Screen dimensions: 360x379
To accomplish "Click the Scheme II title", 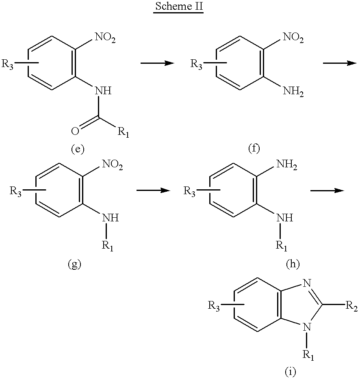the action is [179, 6].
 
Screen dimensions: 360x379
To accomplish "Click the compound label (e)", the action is [78, 149].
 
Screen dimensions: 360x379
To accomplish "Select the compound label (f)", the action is [254, 148].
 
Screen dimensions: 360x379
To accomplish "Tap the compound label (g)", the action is [74, 264].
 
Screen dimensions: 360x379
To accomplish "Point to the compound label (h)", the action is [293, 264].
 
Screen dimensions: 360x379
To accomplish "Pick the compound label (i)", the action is [290, 372].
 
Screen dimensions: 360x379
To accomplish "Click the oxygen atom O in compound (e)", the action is [75, 131].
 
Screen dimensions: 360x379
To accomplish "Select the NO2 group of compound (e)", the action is [105, 38].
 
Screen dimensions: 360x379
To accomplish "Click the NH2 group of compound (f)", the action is [293, 91].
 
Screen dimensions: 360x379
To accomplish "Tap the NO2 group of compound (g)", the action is [113, 165].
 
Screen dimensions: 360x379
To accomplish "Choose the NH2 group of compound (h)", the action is [286, 165].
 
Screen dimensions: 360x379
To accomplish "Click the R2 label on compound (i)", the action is [351, 306].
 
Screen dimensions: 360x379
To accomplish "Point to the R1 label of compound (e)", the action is [123, 132].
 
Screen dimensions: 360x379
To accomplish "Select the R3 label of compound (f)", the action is [196, 65].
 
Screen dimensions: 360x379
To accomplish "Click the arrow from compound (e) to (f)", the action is [157, 63].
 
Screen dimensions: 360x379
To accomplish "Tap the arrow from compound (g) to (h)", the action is [153, 191].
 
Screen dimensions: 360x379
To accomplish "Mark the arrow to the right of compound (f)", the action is [340, 63].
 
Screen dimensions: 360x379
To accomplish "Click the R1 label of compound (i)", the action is [308, 355].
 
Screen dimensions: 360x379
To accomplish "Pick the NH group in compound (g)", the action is [111, 218].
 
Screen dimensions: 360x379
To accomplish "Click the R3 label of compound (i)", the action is [214, 306].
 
